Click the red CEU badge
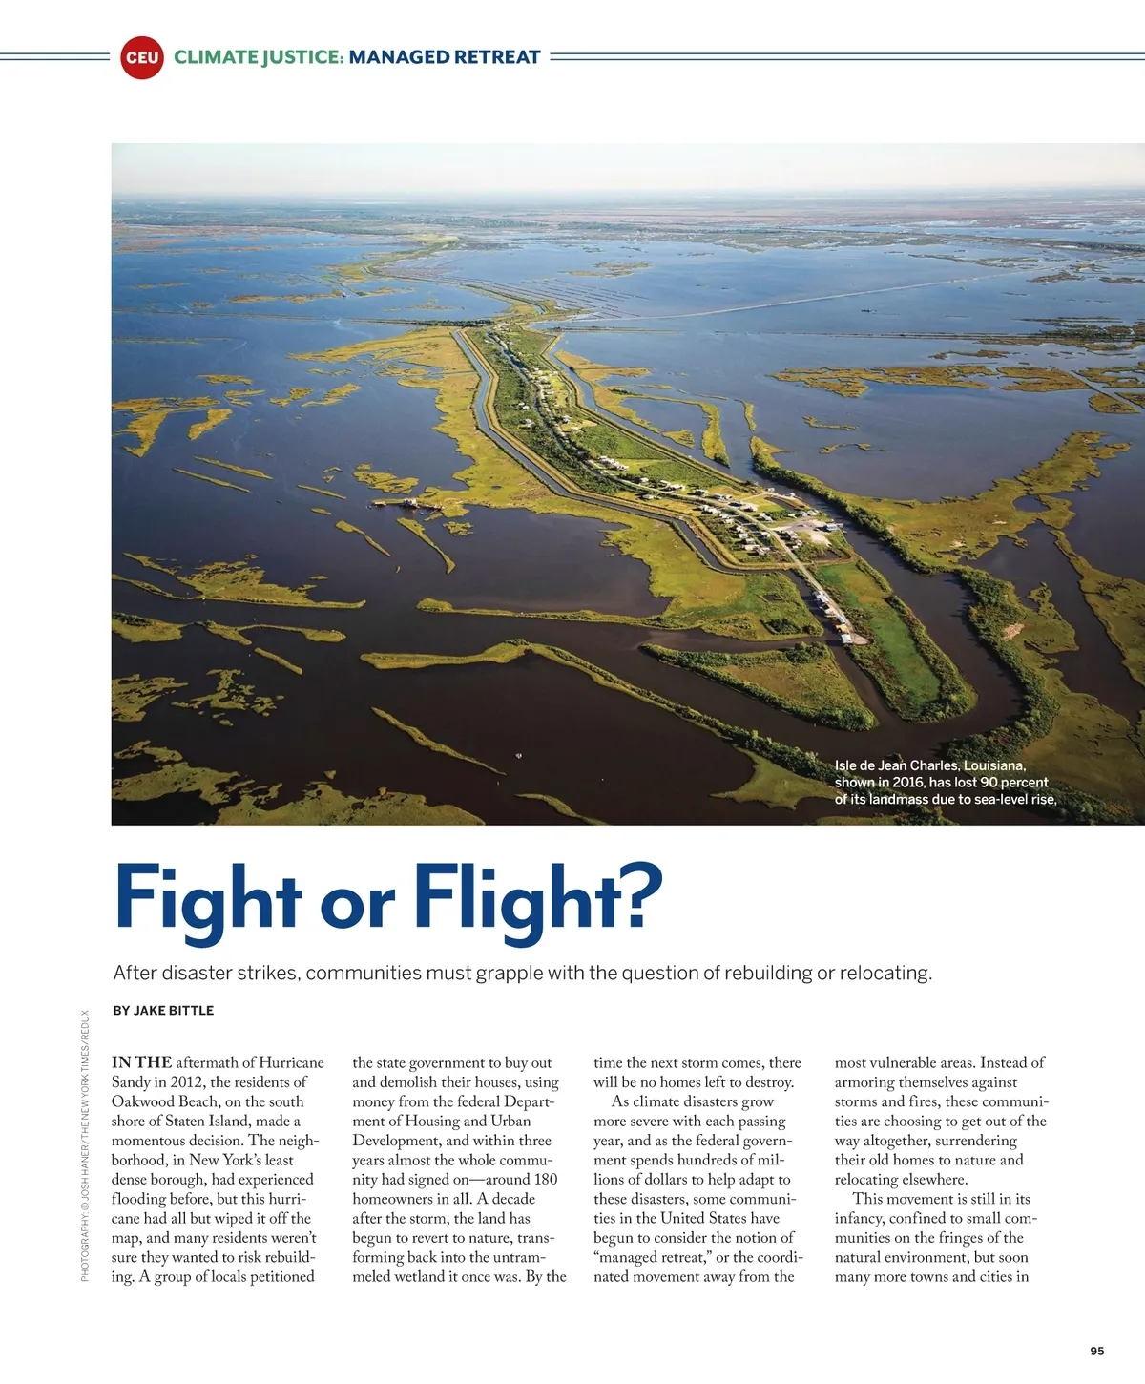coord(142,57)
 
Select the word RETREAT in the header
coord(497,57)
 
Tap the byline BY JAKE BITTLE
coord(163,1010)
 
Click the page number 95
coord(1096,1351)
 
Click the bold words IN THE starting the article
coord(141,1062)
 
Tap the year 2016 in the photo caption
coord(908,783)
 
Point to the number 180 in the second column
coord(546,1180)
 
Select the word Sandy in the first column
coord(131,1082)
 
